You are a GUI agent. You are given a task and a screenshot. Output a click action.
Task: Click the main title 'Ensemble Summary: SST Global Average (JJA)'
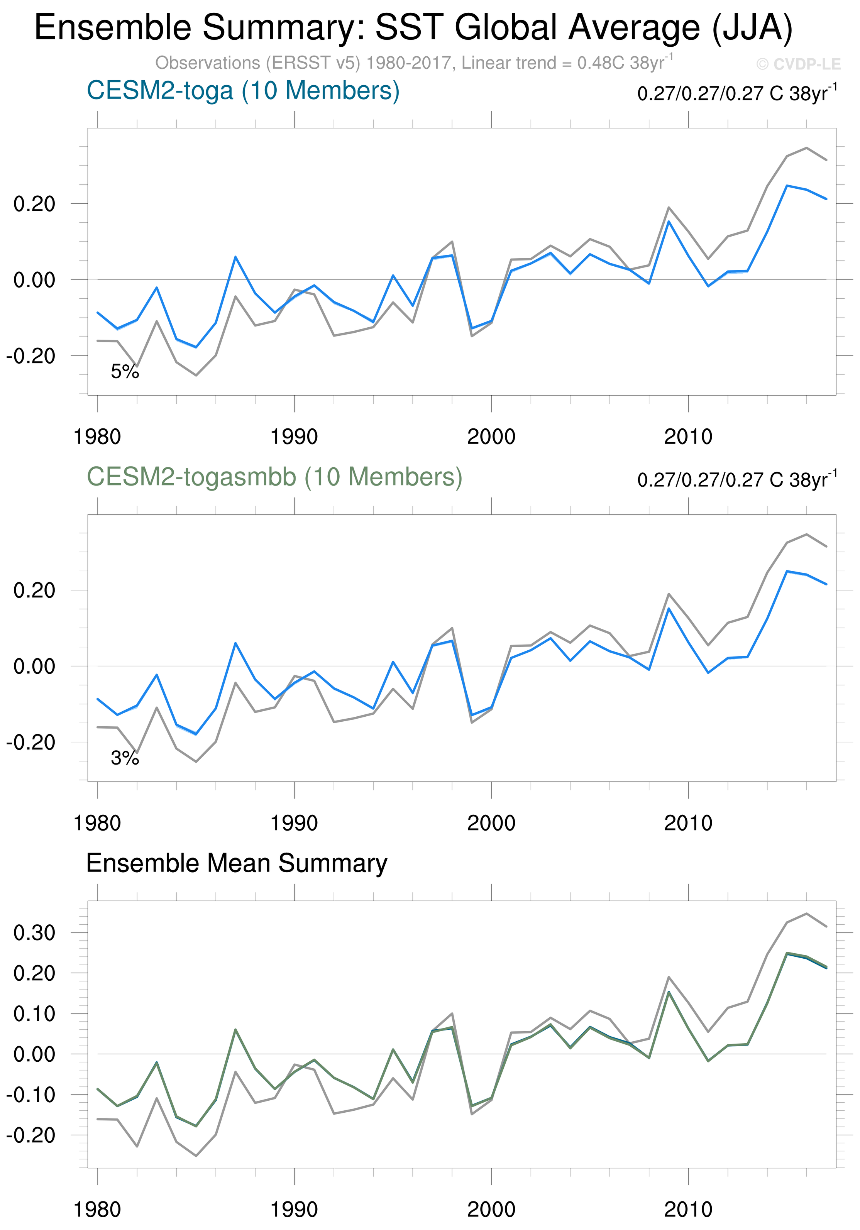coord(413,28)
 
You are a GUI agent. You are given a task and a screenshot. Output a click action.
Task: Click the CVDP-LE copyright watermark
coord(798,64)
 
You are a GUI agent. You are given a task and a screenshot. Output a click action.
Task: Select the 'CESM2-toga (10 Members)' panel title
coord(243,91)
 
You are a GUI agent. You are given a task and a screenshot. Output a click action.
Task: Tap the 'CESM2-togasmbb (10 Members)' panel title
coord(274,477)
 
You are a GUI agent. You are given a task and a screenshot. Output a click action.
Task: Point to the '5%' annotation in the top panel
coord(125,371)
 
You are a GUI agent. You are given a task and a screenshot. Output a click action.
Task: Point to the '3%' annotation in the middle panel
coord(125,758)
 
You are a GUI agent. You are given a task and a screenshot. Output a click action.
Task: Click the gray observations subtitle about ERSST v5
coord(414,63)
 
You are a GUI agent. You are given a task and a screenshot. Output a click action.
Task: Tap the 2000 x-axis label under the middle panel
coord(491,823)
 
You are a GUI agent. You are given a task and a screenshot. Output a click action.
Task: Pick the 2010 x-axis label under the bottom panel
coord(688,1210)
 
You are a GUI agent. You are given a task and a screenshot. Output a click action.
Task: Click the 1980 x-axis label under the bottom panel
coord(97,1210)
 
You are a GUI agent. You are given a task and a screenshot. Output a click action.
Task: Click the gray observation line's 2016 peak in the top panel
coord(806,148)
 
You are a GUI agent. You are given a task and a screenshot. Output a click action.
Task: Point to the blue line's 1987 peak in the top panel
coord(235,257)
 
